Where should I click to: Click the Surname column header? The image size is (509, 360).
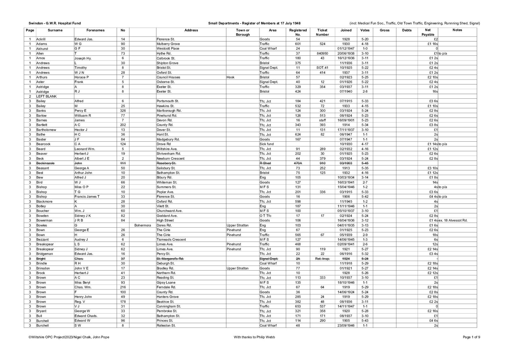[55, 30]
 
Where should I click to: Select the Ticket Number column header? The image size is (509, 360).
[322, 32]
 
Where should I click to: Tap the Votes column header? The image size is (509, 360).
[365, 30]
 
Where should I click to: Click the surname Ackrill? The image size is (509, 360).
[41, 39]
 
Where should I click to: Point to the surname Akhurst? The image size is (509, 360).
[42, 49]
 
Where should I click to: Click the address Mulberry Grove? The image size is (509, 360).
[168, 44]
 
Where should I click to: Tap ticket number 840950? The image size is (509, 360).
[322, 53]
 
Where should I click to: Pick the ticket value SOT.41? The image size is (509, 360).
[322, 68]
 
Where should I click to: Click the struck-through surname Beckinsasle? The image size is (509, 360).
[45, 163]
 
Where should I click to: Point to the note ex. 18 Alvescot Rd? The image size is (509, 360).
[453, 221]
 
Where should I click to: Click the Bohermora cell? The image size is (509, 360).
[143, 225]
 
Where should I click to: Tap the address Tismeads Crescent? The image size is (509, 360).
[171, 240]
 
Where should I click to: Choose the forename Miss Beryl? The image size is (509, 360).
[82, 283]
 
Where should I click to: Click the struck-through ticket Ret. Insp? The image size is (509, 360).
[322, 259]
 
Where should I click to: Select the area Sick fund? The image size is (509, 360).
[267, 144]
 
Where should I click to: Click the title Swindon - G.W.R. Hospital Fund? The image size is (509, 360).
[54, 23]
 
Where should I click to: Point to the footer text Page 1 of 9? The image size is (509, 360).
[471, 337]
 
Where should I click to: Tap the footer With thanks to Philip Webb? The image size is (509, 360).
[254, 337]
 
